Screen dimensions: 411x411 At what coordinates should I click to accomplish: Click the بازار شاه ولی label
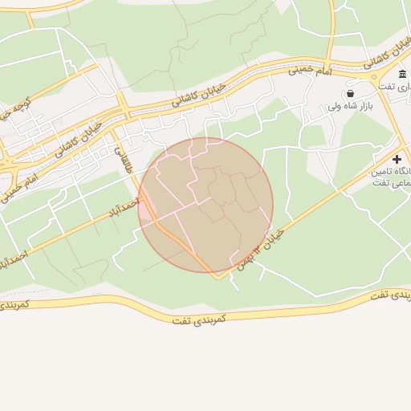coord(351,106)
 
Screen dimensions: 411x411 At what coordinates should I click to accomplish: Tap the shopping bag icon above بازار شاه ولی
coord(351,93)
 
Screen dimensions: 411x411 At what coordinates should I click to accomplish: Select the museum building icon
coord(401,74)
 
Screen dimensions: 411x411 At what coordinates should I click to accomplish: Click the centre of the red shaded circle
coord(205,205)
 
